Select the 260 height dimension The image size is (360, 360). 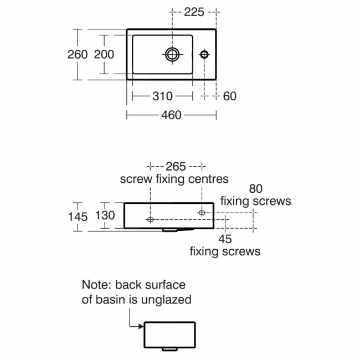[x=78, y=54]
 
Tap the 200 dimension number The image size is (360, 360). [x=104, y=54]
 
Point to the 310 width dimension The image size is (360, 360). [x=162, y=96]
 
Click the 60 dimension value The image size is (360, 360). [x=229, y=96]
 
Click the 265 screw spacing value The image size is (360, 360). [x=176, y=166]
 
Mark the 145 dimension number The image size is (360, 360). [x=78, y=217]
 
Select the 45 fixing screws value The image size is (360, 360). [x=225, y=239]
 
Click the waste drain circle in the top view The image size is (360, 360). [x=172, y=54]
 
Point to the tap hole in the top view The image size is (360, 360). [x=204, y=54]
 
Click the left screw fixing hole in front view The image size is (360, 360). [x=150, y=219]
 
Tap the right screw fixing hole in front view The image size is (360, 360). [x=201, y=212]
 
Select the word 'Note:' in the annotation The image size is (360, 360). [x=98, y=285]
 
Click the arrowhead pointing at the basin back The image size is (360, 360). [x=141, y=326]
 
